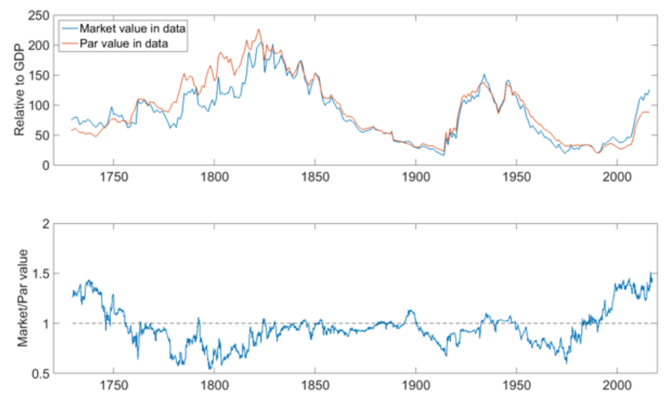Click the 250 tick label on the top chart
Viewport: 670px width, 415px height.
pyautogui.click(x=39, y=15)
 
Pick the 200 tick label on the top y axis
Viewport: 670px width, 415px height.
pyautogui.click(x=39, y=45)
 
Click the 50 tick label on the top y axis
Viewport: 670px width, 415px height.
pyautogui.click(x=42, y=135)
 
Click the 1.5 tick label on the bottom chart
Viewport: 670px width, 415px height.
pyautogui.click(x=42, y=274)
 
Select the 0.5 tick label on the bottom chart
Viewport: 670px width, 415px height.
pyautogui.click(x=42, y=374)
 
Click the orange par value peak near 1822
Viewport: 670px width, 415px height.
pyautogui.click(x=258, y=29)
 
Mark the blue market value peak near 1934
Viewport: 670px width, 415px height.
pyautogui.click(x=484, y=74)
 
